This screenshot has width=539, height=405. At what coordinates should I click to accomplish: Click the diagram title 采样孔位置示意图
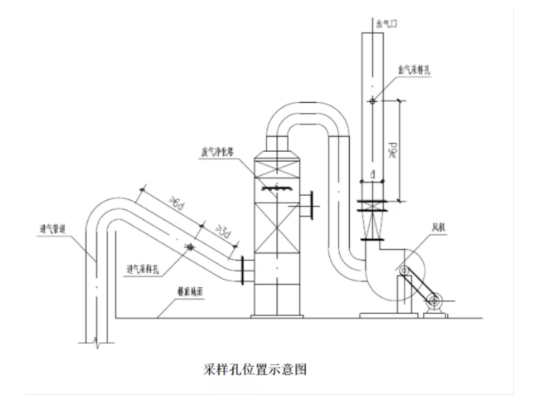click(255, 369)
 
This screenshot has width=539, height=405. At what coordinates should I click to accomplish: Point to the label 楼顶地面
click(190, 293)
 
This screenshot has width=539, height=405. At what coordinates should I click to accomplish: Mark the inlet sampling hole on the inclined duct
click(189, 246)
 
